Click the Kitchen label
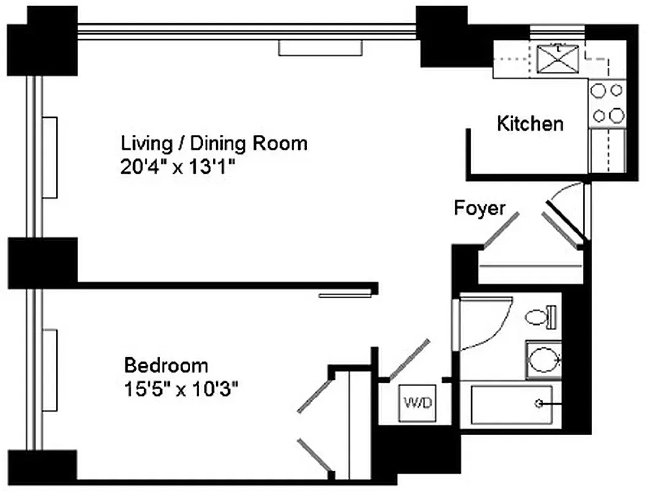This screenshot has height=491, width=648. (530, 123)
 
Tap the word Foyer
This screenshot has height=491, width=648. (479, 208)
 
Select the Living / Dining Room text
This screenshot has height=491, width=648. (214, 144)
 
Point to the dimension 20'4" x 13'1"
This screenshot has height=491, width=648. (179, 167)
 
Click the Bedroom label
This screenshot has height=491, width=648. (166, 366)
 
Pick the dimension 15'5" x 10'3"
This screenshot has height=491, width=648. (181, 389)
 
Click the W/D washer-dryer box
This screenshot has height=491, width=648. (418, 403)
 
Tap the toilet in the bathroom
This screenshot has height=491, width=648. (541, 317)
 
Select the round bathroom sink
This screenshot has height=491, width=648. (543, 360)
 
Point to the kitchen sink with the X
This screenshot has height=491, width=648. (555, 60)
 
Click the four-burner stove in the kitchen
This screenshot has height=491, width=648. (607, 103)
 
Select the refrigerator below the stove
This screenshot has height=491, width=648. (607, 150)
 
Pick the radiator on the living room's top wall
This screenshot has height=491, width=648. (320, 48)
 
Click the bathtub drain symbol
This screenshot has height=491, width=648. (540, 403)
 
